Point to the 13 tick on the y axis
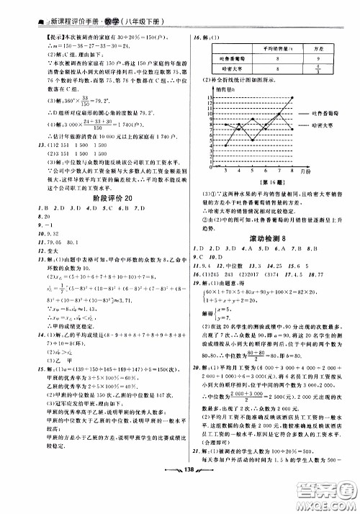click(x=206, y=96)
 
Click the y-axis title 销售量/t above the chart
click(x=225, y=90)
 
